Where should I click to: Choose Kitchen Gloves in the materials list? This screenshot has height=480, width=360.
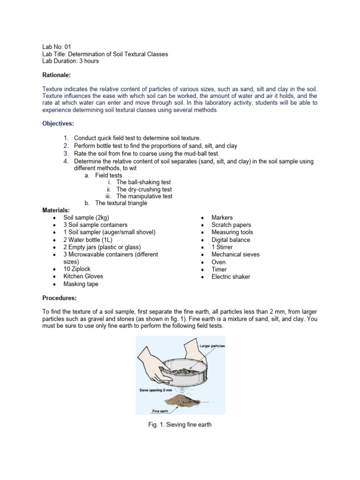pos(83,277)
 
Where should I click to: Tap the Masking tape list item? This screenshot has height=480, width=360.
pos(81,284)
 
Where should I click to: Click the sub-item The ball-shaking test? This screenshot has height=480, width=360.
pos(143,182)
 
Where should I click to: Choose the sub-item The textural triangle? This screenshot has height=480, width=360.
pos(121,203)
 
